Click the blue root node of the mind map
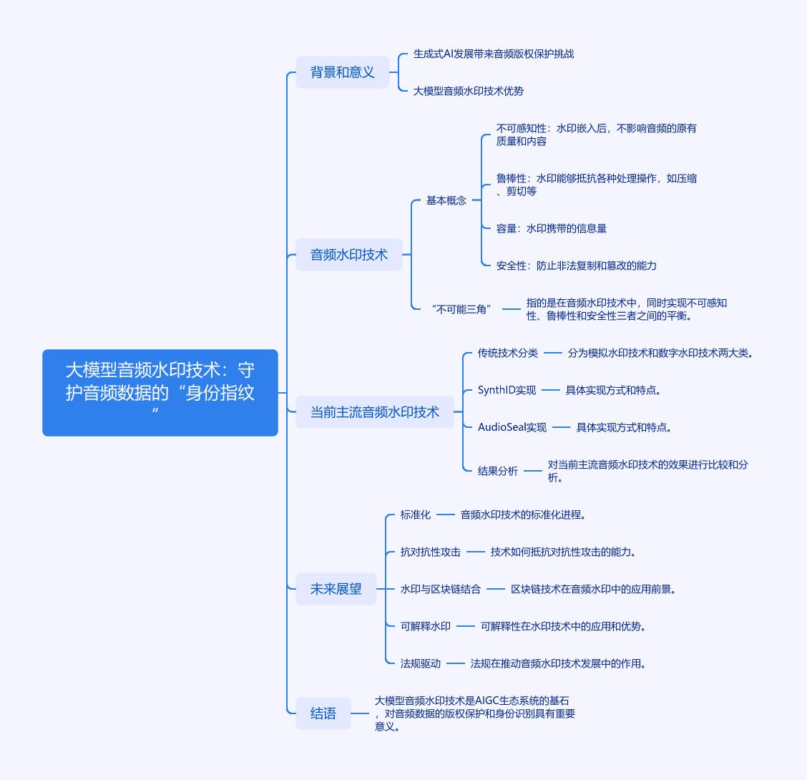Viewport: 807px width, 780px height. (x=160, y=392)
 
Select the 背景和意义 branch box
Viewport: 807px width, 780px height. (x=343, y=72)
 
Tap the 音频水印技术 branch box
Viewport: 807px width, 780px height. (x=349, y=254)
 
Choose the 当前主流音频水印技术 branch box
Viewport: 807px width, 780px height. (x=375, y=411)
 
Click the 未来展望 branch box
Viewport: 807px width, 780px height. (x=336, y=589)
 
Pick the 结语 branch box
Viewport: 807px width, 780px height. (x=323, y=713)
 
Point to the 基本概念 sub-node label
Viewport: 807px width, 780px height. (x=446, y=200)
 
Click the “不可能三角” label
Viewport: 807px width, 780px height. (x=462, y=309)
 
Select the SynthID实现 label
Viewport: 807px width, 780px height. (x=507, y=390)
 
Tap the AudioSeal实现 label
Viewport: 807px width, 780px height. (x=512, y=427)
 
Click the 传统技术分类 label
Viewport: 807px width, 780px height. (x=508, y=353)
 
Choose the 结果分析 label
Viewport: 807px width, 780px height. (x=498, y=471)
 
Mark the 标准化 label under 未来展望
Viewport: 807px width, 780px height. (x=416, y=515)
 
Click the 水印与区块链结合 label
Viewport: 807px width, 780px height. (x=441, y=589)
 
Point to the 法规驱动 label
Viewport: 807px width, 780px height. (x=421, y=663)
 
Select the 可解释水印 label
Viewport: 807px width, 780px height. (x=426, y=626)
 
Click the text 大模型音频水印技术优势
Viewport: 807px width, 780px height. (x=469, y=91)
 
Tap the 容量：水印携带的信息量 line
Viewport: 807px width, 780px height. (x=552, y=228)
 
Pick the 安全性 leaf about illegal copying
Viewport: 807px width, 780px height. (x=577, y=265)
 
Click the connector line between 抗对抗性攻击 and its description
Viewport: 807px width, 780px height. (x=476, y=552)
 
